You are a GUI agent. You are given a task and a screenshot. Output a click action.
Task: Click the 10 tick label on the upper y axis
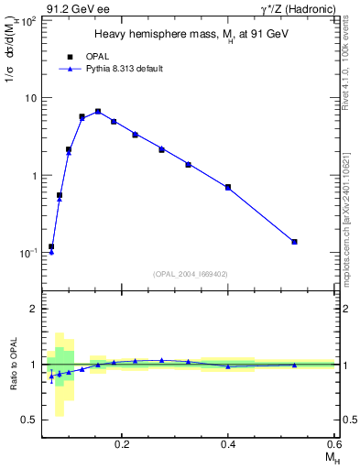(31, 98)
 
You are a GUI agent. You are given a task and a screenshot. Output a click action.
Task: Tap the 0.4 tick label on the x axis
(228, 445)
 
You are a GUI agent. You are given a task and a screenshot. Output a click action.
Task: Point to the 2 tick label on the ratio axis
(34, 310)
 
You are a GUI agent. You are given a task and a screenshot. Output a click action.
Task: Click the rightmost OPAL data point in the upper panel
(294, 242)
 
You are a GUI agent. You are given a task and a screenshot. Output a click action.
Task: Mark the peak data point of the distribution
(98, 112)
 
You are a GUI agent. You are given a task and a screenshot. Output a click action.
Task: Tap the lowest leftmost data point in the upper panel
(51, 247)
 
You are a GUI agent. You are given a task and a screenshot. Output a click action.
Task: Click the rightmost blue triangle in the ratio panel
(294, 365)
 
